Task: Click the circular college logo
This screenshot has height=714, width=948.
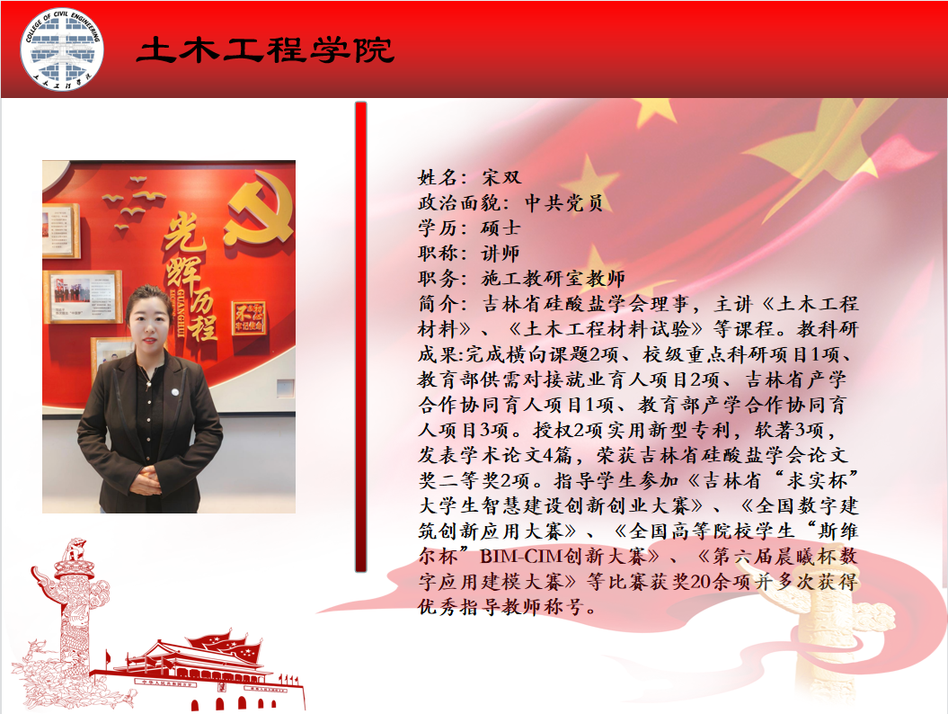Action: pyautogui.click(x=62, y=49)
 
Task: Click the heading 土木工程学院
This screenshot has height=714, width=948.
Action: pyautogui.click(x=265, y=50)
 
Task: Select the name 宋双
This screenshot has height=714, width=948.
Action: pyautogui.click(x=501, y=177)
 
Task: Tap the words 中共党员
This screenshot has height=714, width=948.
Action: pyautogui.click(x=563, y=202)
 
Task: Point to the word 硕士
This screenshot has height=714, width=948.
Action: pyautogui.click(x=501, y=228)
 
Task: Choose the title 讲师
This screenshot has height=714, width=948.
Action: pyautogui.click(x=501, y=253)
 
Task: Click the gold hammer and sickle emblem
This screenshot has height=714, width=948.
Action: pyautogui.click(x=258, y=207)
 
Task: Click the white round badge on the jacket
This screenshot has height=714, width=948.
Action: pyautogui.click(x=174, y=391)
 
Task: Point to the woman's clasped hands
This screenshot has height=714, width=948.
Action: pyautogui.click(x=145, y=482)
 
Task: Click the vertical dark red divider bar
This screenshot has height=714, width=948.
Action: pyautogui.click(x=361, y=337)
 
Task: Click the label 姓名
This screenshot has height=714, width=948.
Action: pyautogui.click(x=437, y=177)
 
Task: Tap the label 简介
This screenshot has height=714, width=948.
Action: pyautogui.click(x=437, y=304)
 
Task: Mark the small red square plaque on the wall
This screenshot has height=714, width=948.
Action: pyautogui.click(x=249, y=318)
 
